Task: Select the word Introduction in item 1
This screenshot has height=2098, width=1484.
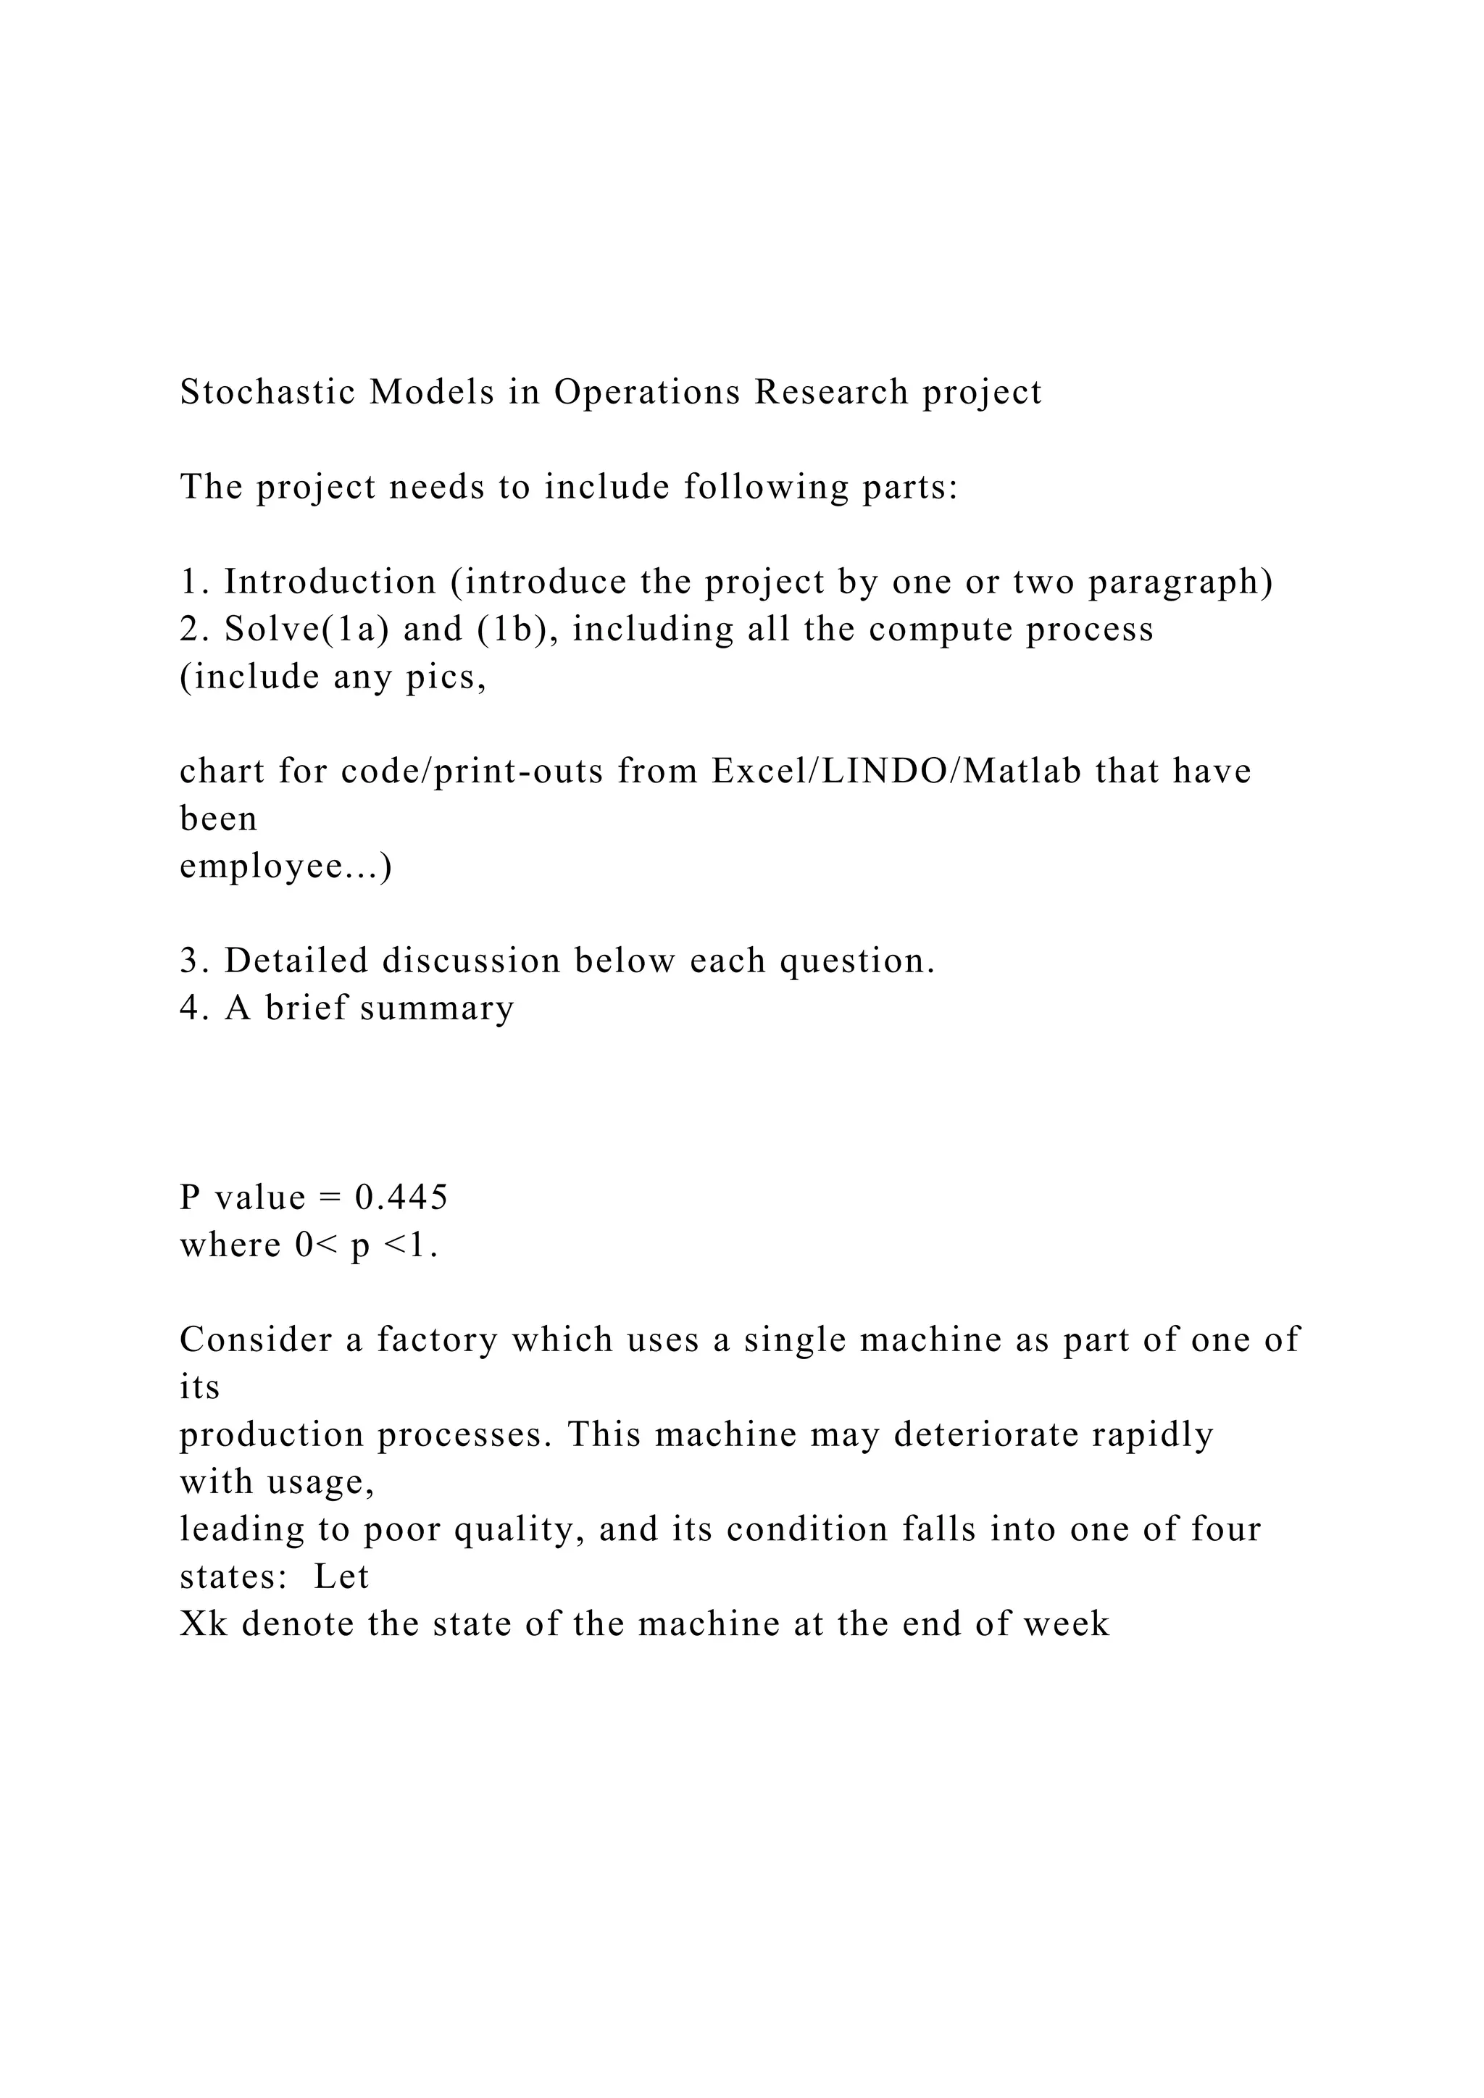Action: coord(331,582)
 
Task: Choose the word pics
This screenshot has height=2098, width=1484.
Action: coord(446,677)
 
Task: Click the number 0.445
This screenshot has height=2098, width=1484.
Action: coord(402,1197)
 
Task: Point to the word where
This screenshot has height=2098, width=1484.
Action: coord(230,1245)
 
